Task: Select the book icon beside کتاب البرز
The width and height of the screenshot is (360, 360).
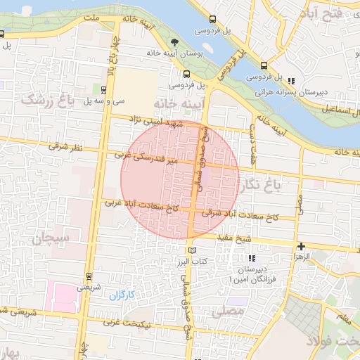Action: point(192,250)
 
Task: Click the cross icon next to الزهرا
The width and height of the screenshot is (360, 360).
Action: point(301,246)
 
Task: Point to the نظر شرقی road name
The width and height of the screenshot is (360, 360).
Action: point(67,148)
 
